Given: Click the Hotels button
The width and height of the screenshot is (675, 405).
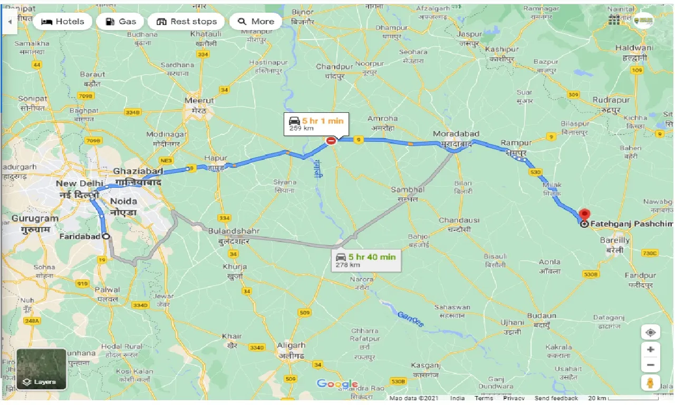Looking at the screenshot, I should (x=62, y=22).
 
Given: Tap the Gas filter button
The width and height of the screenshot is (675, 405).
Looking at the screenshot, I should (x=121, y=22).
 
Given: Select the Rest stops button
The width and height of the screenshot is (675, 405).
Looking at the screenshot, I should (x=187, y=22).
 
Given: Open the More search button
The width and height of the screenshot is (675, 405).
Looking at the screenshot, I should (x=256, y=22).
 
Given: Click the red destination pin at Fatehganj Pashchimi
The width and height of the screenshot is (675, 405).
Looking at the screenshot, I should (x=584, y=215).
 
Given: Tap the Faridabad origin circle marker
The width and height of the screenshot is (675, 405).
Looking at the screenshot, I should (x=107, y=236).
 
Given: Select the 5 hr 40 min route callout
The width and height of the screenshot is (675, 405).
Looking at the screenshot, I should (x=366, y=260).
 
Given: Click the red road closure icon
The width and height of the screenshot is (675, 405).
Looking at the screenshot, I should (x=331, y=141).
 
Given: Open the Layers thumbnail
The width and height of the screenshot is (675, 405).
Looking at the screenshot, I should (x=41, y=369).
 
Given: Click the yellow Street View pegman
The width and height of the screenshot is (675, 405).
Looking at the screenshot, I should (x=651, y=382).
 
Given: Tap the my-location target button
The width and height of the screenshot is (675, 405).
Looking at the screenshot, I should (x=651, y=333).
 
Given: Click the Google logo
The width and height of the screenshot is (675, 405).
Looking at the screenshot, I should (x=337, y=384).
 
